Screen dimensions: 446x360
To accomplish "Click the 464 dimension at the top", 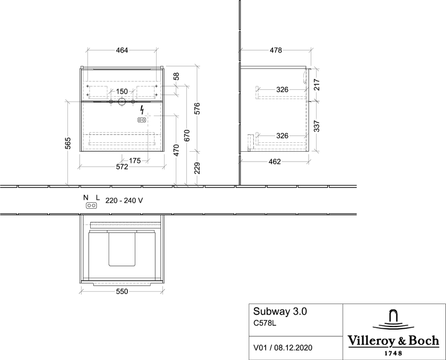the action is [x=122, y=51].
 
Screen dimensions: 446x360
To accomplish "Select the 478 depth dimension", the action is [x=276, y=51].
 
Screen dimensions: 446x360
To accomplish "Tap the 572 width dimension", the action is [x=122, y=167].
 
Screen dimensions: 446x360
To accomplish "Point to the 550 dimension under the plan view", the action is [x=122, y=292].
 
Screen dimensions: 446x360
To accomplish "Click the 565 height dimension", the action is [x=68, y=143].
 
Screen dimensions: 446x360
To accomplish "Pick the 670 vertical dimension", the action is [x=187, y=135].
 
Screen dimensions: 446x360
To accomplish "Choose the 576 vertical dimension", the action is [x=197, y=109].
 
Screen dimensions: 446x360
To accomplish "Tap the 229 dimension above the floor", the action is [x=197, y=168].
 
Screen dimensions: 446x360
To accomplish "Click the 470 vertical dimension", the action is [x=176, y=150].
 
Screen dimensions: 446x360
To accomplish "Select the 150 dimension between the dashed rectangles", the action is [x=122, y=92].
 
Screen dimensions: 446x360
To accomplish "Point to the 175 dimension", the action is [x=135, y=161].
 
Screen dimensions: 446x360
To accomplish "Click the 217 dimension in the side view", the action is [x=317, y=85].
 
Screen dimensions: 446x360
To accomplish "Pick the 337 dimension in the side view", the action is [x=317, y=126].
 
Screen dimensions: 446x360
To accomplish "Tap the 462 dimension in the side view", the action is [x=275, y=162].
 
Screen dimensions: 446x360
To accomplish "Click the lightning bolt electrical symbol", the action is [x=142, y=110].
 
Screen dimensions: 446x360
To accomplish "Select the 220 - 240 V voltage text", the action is [x=124, y=201].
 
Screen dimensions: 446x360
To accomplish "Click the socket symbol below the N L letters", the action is [x=91, y=205].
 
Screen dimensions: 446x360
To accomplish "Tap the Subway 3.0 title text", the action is [x=280, y=311].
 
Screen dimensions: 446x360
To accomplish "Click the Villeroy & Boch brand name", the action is [x=393, y=341].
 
